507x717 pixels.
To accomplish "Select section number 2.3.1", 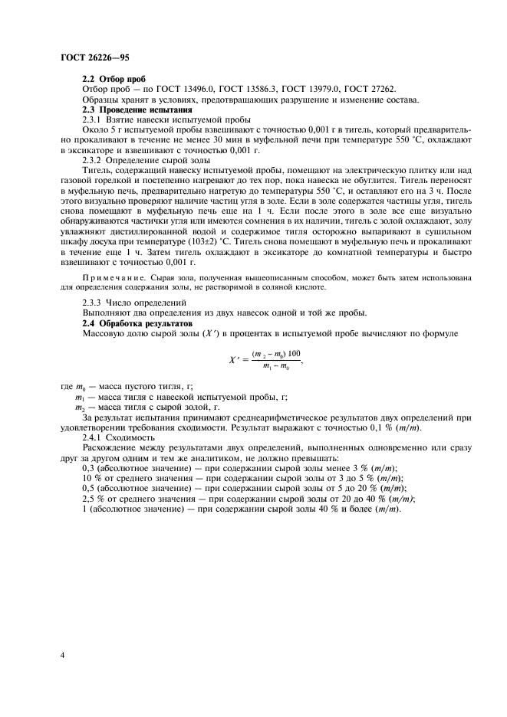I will point(93,120).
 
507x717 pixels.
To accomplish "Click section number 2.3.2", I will point(93,161).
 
